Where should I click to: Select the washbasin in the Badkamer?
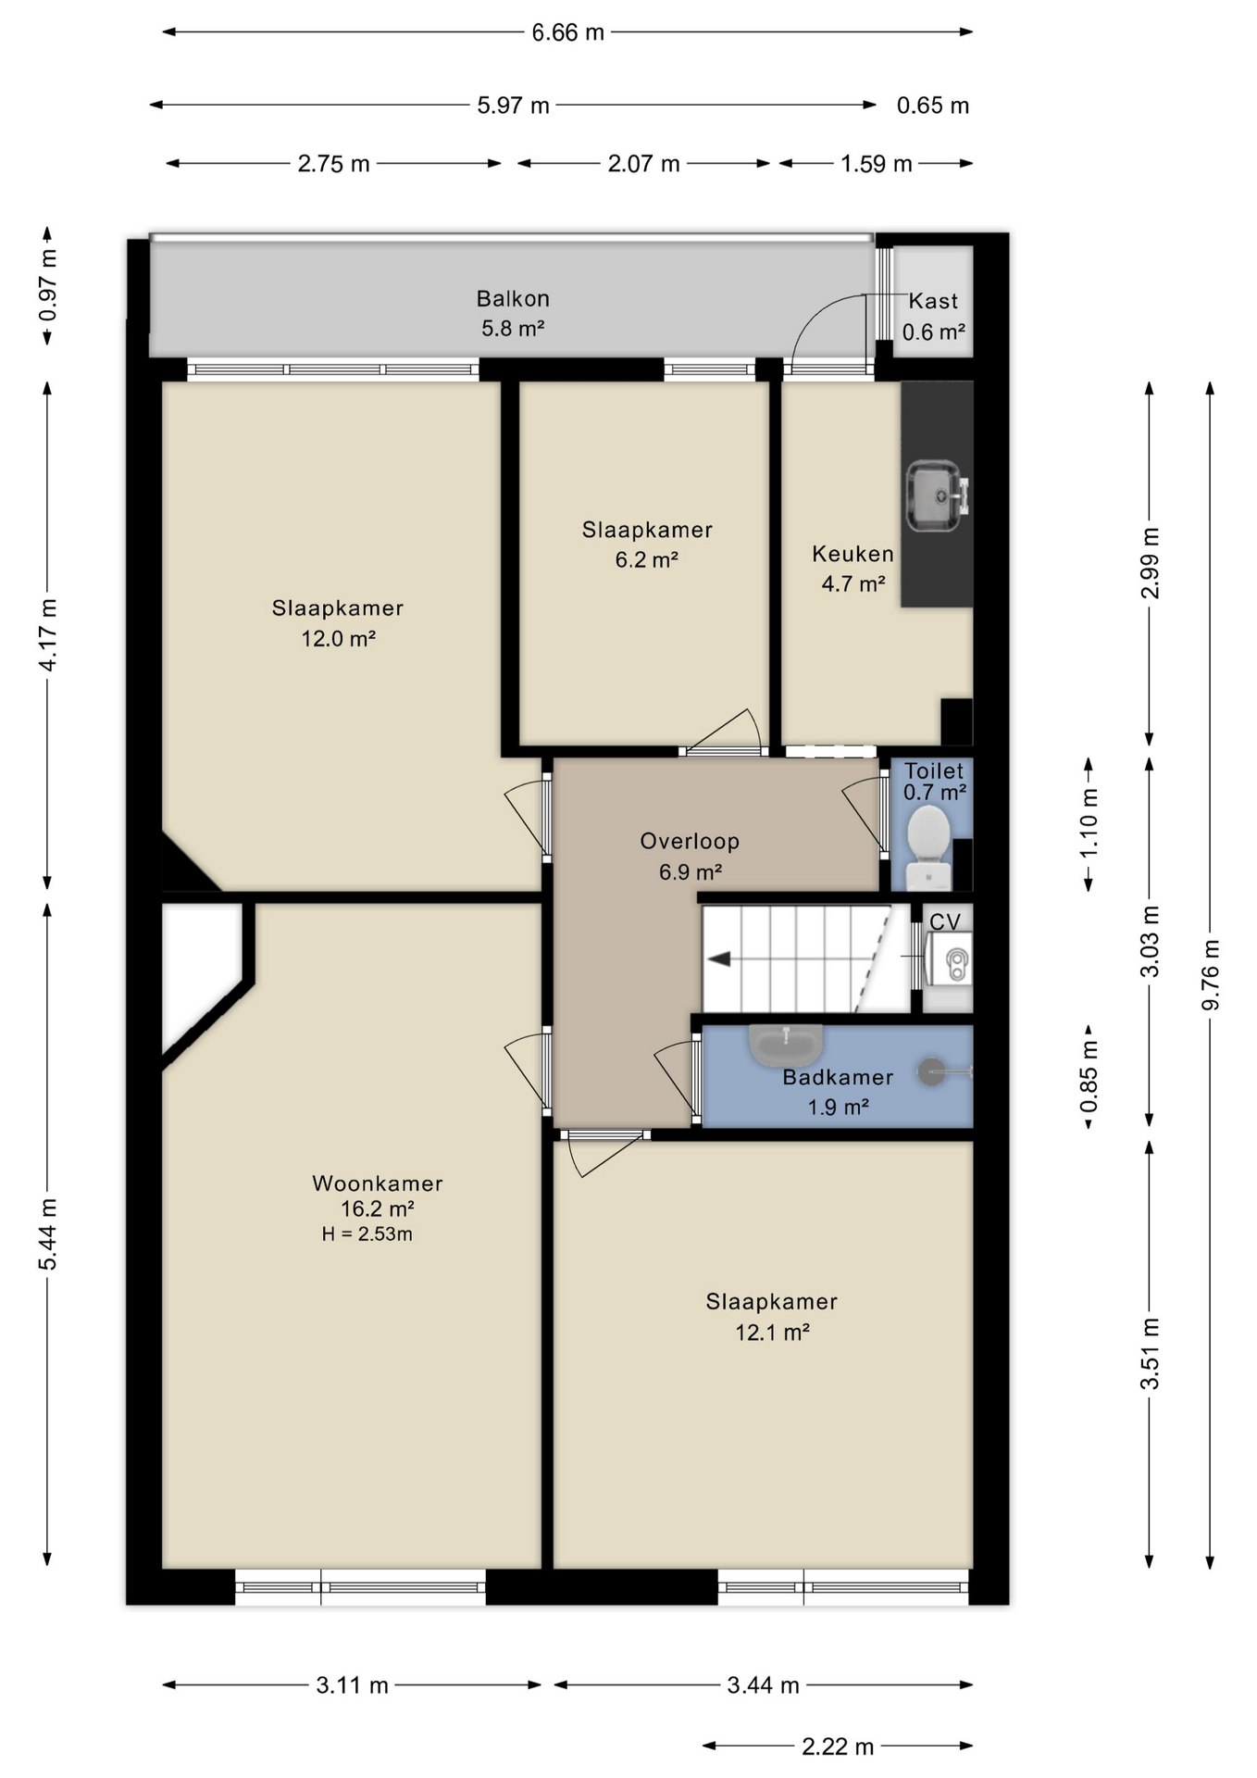786,1045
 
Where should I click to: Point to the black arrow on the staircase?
719,958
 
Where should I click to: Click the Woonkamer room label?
378,1183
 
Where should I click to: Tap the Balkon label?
513,298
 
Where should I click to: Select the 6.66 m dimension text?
567,32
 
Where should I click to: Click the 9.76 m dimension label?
1211,975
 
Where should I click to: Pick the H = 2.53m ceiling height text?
367,1233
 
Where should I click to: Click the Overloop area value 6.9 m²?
691,871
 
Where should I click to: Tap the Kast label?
933,301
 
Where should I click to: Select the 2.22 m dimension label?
838,1747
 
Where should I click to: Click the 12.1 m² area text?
773,1332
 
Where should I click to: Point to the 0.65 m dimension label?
933,106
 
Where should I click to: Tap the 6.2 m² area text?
647,559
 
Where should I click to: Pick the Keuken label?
853,554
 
